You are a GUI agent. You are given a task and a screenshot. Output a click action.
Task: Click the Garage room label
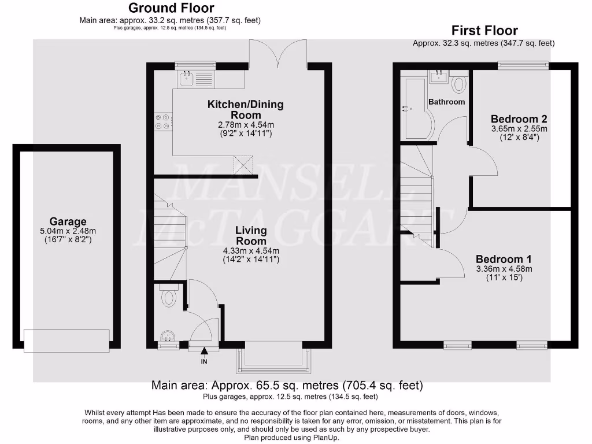pos(68,221)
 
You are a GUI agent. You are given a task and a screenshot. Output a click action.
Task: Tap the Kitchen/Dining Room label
pos(246,110)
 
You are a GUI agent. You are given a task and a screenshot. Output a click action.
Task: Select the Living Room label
pos(251,236)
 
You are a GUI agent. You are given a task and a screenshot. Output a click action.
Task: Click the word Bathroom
pos(446,102)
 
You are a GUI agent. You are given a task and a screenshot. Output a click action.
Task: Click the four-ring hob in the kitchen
pos(161,121)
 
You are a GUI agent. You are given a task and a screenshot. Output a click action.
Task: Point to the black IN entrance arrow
pos(203,350)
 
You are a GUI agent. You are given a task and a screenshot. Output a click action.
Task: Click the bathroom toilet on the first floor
pos(459,84)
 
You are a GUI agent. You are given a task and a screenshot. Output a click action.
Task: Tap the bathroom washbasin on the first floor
pos(438,76)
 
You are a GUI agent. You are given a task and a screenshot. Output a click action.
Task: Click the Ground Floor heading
pos(171,8)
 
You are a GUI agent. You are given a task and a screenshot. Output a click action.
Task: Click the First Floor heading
pos(484,31)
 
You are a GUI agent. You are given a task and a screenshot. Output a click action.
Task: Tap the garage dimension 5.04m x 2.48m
pos(68,231)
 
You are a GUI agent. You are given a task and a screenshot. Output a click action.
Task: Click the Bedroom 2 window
pos(524,65)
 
